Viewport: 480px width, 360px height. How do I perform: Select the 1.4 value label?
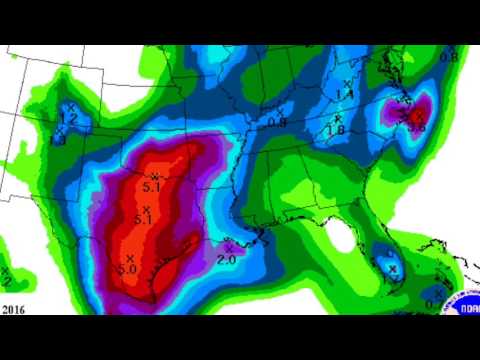click(x=346, y=94)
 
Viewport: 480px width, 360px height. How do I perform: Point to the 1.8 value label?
click(x=336, y=130)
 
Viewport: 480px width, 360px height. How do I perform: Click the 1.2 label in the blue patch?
click(x=69, y=118)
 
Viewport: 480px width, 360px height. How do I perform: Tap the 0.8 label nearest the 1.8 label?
click(x=277, y=122)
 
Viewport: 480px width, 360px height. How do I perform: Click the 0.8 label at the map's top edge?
click(x=448, y=57)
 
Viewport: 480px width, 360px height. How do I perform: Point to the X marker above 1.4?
click(x=347, y=83)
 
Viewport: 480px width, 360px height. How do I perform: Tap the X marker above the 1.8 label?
click(x=337, y=119)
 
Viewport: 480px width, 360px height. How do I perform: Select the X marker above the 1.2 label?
click(x=70, y=106)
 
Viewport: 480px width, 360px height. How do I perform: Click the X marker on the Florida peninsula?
click(x=393, y=267)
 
